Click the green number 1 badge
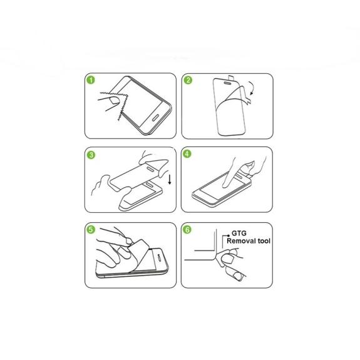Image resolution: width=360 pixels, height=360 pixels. click(91, 80)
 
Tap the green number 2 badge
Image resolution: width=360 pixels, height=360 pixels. click(188, 80)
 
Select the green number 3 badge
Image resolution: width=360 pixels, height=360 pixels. click(91, 155)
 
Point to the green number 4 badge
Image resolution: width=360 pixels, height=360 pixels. click(187, 154)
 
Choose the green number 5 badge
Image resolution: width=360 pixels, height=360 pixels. click(91, 229)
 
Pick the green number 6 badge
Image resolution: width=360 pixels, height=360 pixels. click(187, 229)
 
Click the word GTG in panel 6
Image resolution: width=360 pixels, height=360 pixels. click(239, 234)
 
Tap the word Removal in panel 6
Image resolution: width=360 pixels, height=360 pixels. click(241, 241)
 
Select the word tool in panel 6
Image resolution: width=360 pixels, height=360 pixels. click(264, 241)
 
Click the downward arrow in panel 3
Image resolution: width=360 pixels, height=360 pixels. click(170, 180)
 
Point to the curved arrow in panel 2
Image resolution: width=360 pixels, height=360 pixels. click(252, 88)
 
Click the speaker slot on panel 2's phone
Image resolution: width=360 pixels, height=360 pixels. click(227, 82)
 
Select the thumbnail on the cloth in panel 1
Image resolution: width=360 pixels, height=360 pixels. click(114, 100)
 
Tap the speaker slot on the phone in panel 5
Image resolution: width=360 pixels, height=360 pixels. click(158, 257)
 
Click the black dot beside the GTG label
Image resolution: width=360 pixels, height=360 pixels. click(229, 235)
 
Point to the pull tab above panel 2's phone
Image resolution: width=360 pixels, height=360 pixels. click(231, 78)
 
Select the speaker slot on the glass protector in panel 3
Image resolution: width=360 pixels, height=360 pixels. click(151, 169)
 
